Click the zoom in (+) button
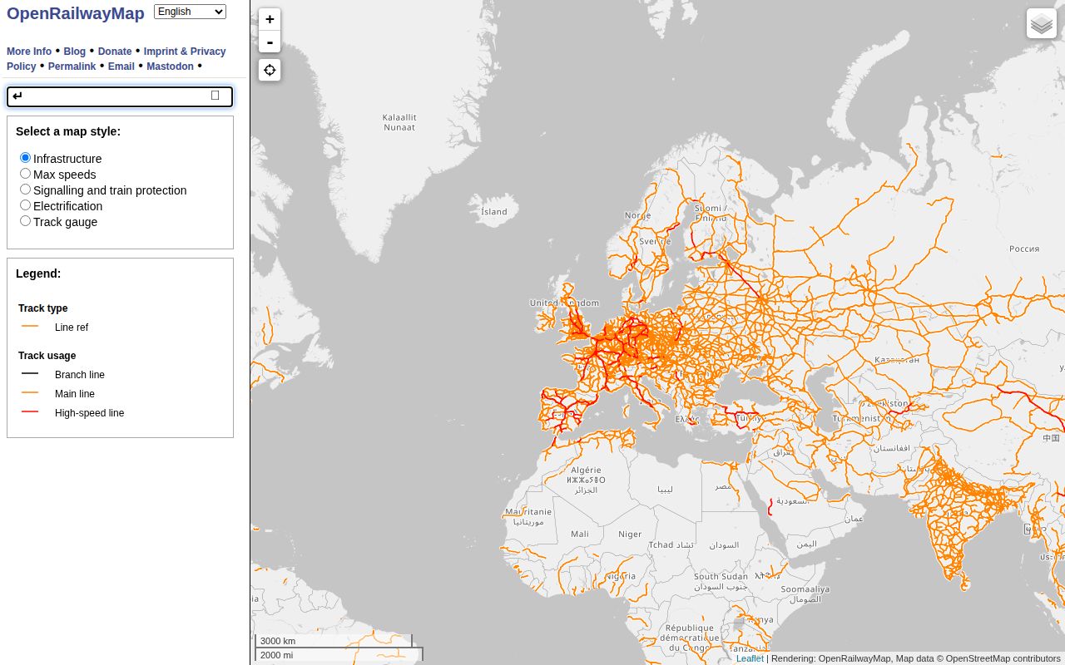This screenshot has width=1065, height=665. tap(270, 19)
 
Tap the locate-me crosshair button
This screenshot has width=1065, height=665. tap(270, 70)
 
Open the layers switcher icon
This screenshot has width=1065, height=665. tap(1042, 24)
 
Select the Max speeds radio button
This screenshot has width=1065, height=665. tap(26, 174)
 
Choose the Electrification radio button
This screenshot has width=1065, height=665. tap(26, 205)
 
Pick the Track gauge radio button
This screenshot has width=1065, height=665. tap(26, 221)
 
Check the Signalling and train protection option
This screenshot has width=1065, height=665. tap(26, 190)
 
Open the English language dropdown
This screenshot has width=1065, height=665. tap(190, 12)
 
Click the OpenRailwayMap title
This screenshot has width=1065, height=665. tap(76, 13)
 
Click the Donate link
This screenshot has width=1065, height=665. tap(115, 52)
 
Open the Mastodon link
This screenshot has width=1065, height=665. tap(170, 66)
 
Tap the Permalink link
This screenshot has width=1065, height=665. tap(72, 66)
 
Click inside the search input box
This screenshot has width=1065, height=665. tap(112, 96)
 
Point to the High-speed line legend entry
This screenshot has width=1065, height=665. tap(89, 413)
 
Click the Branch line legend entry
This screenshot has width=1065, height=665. tap(80, 375)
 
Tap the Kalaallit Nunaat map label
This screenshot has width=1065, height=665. tap(399, 122)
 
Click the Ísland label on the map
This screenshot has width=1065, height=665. tap(493, 211)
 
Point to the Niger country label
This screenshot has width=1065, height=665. tap(630, 534)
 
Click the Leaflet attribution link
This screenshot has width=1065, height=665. tap(750, 658)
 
